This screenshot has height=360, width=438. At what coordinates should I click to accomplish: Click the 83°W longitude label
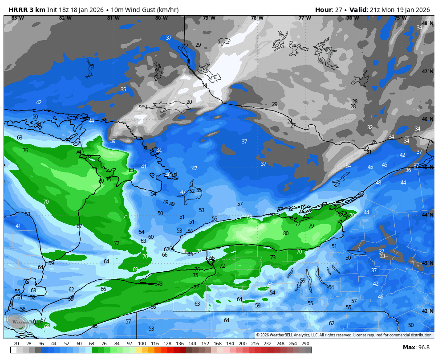pos(18,18)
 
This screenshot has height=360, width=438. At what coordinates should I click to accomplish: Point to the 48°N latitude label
pos(427,23)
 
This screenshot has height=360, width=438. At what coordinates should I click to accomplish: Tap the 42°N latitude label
pos(427,311)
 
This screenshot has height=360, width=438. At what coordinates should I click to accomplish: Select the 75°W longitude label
pos(400,18)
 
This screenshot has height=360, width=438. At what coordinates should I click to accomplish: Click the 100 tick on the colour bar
pos(142,344)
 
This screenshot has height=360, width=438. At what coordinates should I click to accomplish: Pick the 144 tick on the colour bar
pos(192,344)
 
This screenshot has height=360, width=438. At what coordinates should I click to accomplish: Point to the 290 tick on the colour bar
pos(305,344)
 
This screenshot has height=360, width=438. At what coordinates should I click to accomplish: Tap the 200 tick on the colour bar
pos(243,344)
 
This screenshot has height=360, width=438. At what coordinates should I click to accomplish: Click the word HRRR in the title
pos(17,10)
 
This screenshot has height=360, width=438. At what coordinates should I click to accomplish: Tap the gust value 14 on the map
pos(204,85)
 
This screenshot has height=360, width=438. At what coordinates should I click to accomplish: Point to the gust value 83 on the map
pos(131,170)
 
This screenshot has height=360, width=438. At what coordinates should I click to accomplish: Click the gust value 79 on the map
pos(311,226)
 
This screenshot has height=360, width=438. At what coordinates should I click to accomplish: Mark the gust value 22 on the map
pos(366,148)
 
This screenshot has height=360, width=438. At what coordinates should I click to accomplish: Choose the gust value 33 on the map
pos(382,256)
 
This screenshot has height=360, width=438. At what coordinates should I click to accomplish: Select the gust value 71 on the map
pos(126,217)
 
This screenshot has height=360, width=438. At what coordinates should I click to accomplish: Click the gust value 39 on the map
pos(113,141)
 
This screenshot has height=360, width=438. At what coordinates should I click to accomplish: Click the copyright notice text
pos(344,335)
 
